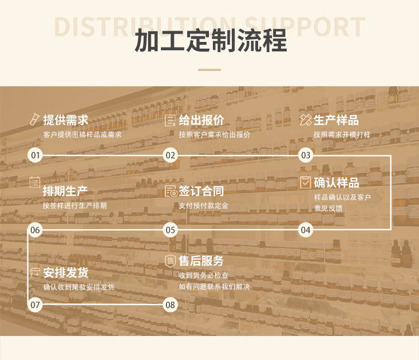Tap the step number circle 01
coord(35,155)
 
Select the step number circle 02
coord(170,155)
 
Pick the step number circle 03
coord(306,155)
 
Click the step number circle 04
coord(306,230)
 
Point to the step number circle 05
coord(170,230)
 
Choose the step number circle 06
coord(35,230)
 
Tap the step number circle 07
coord(35,305)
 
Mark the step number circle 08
coord(170,305)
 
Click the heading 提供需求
coord(65,120)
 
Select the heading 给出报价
coord(201,120)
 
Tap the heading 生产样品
coord(336,120)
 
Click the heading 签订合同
coord(201,191)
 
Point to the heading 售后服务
coord(201,261)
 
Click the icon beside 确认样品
coord(306,182)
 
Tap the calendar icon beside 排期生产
coord(35,182)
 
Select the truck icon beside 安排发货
coord(35,273)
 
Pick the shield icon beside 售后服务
coord(170,261)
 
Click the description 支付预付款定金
coord(203,206)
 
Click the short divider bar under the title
coord(209,70)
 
